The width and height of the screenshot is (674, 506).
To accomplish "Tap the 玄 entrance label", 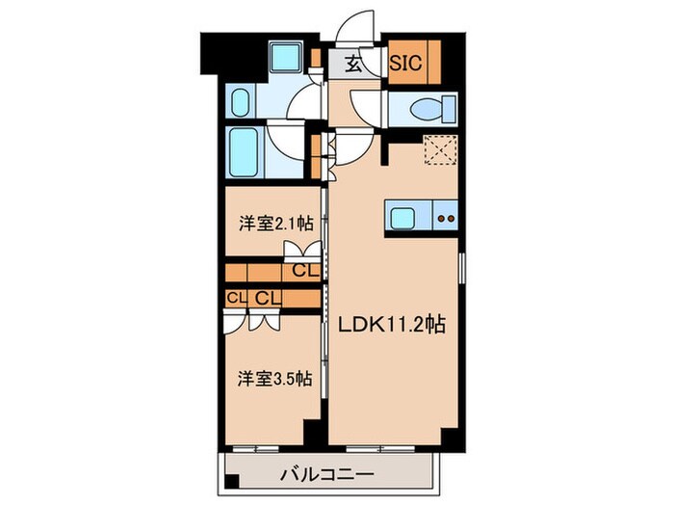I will pos(353,65).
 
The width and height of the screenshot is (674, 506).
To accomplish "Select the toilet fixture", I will pos(425,110).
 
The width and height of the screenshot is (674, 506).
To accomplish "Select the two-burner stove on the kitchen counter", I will pos(445,217).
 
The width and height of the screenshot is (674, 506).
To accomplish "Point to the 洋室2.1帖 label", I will pos(275,225).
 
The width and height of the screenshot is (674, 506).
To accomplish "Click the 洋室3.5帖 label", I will pos(275,379).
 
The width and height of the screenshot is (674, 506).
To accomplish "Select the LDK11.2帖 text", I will pos(390,326).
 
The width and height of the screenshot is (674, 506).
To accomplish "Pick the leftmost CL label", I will pos(235,298).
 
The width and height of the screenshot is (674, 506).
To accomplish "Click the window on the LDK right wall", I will pos(461,269).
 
